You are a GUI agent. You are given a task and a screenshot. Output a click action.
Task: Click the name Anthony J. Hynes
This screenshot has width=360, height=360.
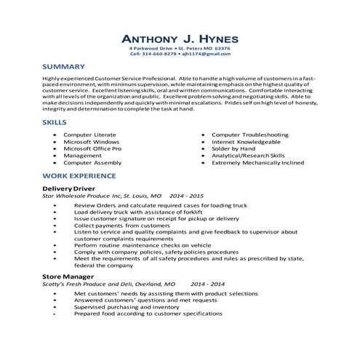pos(180,37)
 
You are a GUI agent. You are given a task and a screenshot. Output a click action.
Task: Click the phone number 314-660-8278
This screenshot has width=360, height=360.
pos(159,54)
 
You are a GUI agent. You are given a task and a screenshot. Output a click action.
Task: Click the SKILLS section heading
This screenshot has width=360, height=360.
pos(55,123)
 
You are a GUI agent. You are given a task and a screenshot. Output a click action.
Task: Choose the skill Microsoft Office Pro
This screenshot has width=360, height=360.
pos(92,148)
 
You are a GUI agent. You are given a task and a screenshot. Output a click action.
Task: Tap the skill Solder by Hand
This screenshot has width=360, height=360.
pos(236,148)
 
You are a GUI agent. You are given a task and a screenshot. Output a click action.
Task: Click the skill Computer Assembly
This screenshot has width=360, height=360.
pos(92,162)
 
